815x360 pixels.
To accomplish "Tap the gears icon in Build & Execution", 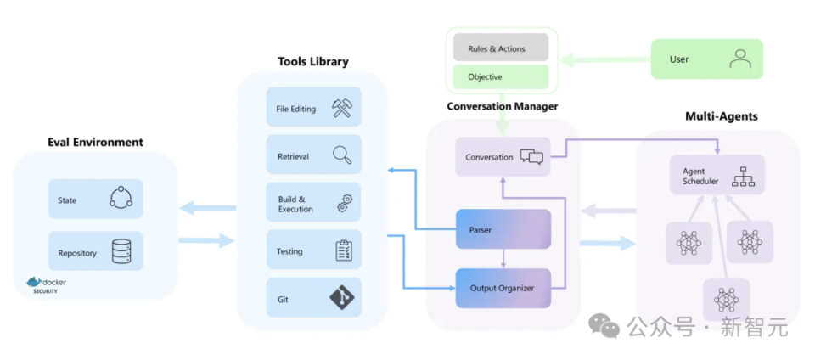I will [x=344, y=203].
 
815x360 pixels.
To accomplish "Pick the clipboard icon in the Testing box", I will [x=343, y=250].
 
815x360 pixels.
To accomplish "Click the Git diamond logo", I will [x=342, y=298].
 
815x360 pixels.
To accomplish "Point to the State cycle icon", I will [x=121, y=199].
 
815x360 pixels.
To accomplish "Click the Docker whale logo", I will [x=34, y=282].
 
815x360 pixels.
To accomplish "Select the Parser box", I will [x=503, y=229].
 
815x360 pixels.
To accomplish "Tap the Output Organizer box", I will [x=503, y=288].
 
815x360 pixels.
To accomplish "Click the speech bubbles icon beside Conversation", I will [x=531, y=156].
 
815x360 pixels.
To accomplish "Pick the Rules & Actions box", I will [x=497, y=48].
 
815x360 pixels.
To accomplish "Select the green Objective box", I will [x=497, y=76].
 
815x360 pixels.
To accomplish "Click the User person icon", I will [x=740, y=59].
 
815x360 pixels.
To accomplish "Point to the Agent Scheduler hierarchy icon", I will [x=744, y=175].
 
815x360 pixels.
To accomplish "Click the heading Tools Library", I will [x=312, y=61].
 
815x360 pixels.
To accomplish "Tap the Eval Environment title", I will [x=95, y=142].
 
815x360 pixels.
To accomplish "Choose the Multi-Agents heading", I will [x=721, y=115].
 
